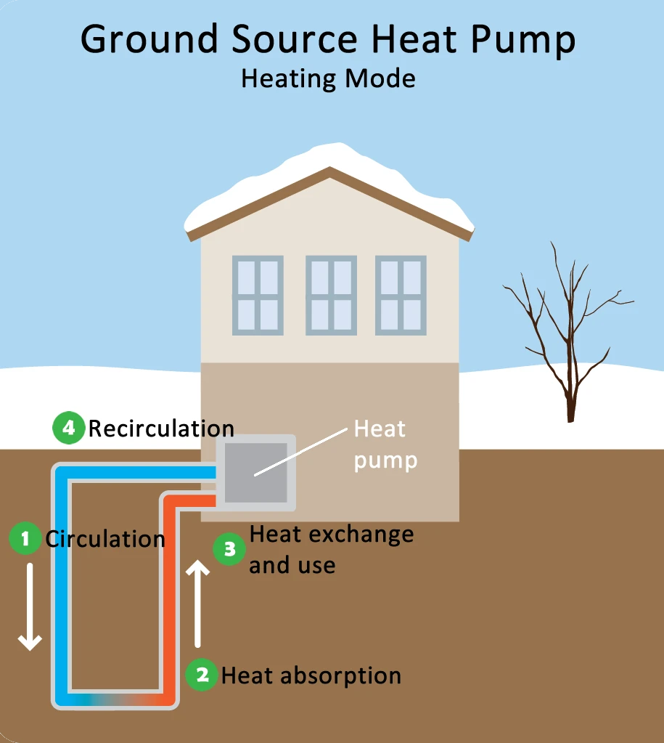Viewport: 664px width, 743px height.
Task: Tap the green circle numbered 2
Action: (x=202, y=675)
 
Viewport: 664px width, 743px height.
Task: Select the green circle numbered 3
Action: (x=230, y=549)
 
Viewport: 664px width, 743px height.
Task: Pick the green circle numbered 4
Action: (x=69, y=428)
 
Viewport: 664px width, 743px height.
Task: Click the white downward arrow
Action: (x=30, y=606)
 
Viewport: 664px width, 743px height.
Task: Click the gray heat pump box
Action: (x=255, y=472)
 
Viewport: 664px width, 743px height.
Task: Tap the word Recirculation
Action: (x=161, y=428)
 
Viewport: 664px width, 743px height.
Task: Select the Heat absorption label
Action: (x=311, y=675)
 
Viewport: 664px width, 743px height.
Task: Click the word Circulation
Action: (x=105, y=539)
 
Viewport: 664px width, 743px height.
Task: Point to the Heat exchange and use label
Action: (x=331, y=549)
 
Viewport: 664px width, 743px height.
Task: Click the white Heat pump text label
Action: (x=385, y=444)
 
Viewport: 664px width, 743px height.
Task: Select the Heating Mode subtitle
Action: (x=328, y=78)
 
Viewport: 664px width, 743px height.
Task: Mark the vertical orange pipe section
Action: (x=169, y=596)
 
